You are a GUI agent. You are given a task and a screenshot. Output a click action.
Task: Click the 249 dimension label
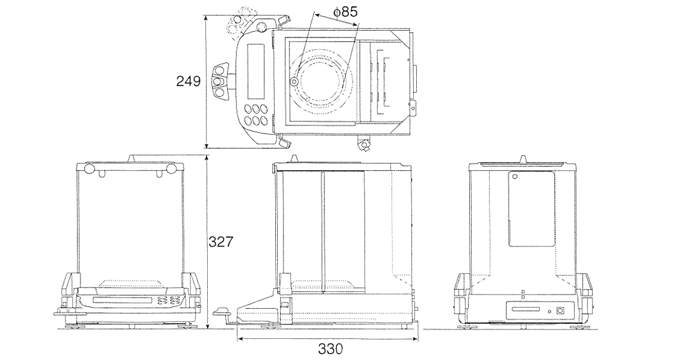[x=188, y=81]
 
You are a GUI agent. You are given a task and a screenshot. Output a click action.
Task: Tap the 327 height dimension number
[x=220, y=242]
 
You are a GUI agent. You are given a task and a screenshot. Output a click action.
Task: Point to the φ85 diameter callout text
[x=345, y=12]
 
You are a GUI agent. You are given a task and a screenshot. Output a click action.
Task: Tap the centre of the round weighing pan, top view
[x=320, y=81]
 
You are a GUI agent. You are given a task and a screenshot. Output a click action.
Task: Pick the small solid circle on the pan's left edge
[x=293, y=82]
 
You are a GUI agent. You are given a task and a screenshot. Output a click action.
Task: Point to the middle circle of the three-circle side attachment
[x=220, y=81]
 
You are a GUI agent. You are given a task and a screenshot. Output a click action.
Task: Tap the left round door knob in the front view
[x=88, y=169]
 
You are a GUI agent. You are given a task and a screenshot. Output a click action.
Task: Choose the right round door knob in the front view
[x=172, y=169]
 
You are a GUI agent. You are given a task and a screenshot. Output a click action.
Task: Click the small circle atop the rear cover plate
[x=515, y=177]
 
